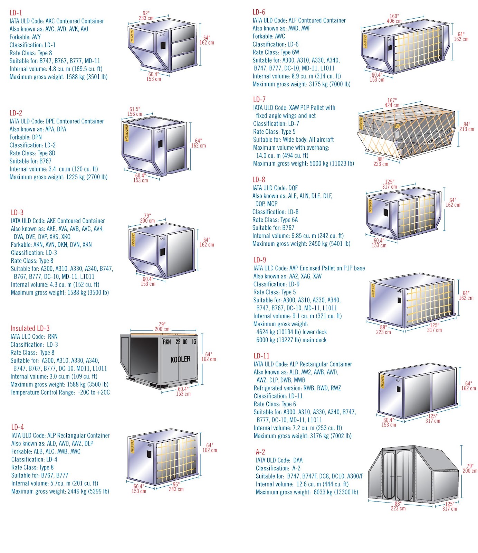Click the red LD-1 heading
(16, 13)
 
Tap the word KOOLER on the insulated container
(180, 359)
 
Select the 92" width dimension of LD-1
(146, 13)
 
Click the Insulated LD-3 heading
(30, 328)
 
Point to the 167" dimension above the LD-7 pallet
(392, 101)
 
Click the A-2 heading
(260, 452)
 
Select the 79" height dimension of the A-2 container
(470, 466)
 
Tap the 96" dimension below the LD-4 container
(176, 485)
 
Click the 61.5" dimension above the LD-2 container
(135, 109)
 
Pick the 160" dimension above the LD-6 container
(394, 16)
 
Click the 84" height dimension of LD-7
(467, 124)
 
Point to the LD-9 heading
(260, 260)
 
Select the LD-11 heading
(261, 356)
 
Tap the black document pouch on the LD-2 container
(160, 143)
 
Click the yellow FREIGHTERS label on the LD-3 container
(133, 240)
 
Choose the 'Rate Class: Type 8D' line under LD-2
(32, 153)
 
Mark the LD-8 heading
(259, 180)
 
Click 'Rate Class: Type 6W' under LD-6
(276, 52)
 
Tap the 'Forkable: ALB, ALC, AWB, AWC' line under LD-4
(46, 451)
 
